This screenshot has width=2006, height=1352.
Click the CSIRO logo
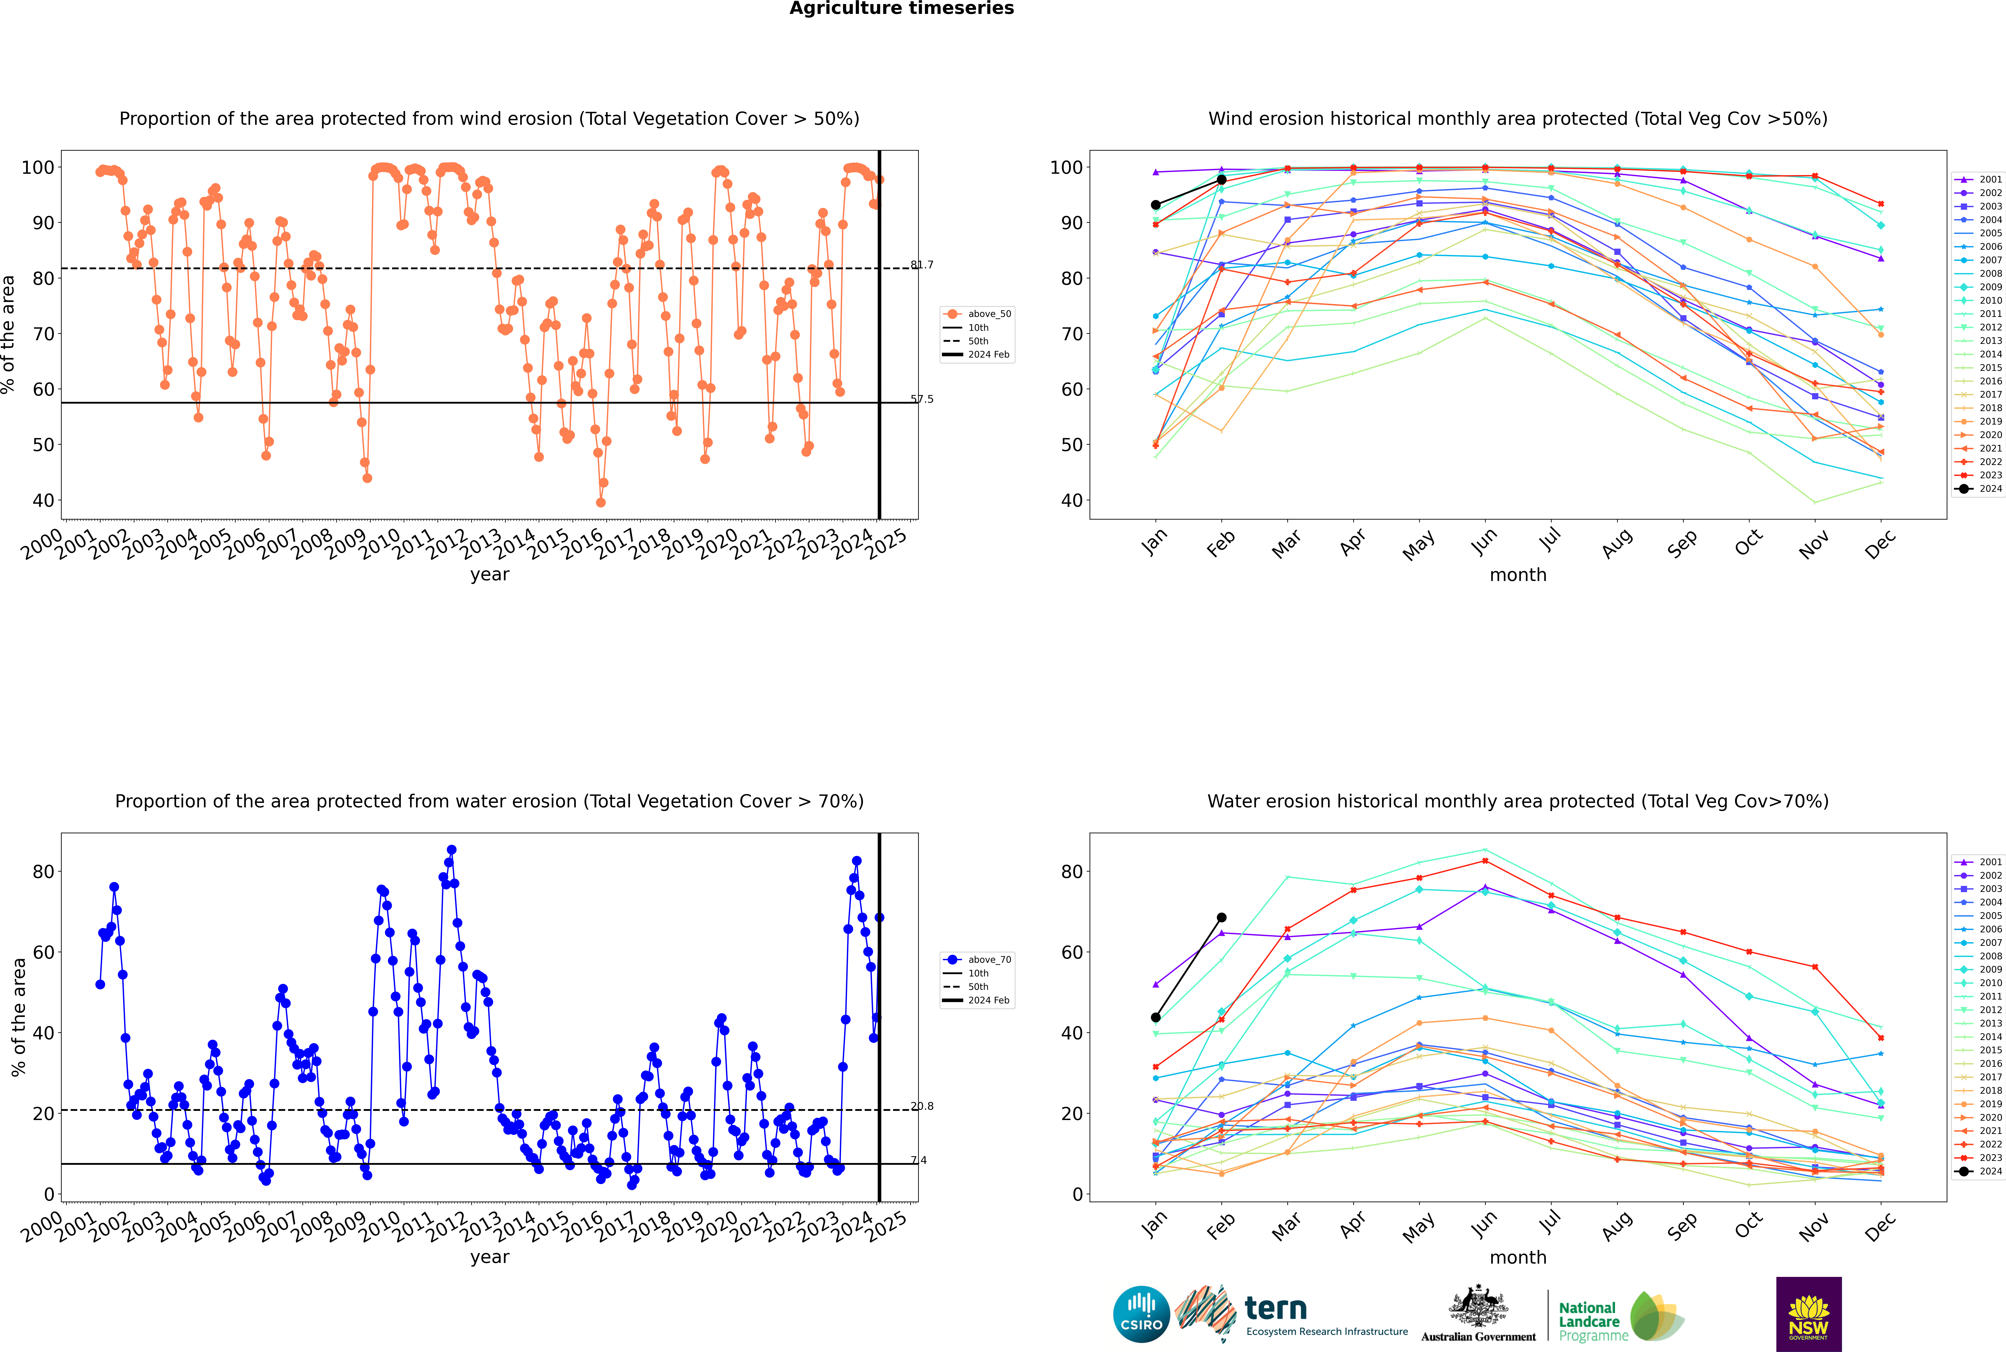click(x=1141, y=1314)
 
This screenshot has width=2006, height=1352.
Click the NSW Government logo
click(x=1808, y=1314)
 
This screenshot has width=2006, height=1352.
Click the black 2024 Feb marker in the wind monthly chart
click(x=1221, y=179)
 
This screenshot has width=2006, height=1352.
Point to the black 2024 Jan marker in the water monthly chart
click(x=1156, y=1018)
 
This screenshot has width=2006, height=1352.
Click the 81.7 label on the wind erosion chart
click(x=922, y=265)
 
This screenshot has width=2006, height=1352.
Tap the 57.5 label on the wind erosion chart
click(x=922, y=399)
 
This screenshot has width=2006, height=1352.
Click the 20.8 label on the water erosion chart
click(x=922, y=1106)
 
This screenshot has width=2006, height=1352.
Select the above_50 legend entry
click(x=977, y=314)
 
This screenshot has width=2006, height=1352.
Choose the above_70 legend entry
click(x=977, y=960)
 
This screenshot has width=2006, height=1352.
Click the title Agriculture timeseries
click(x=902, y=9)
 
